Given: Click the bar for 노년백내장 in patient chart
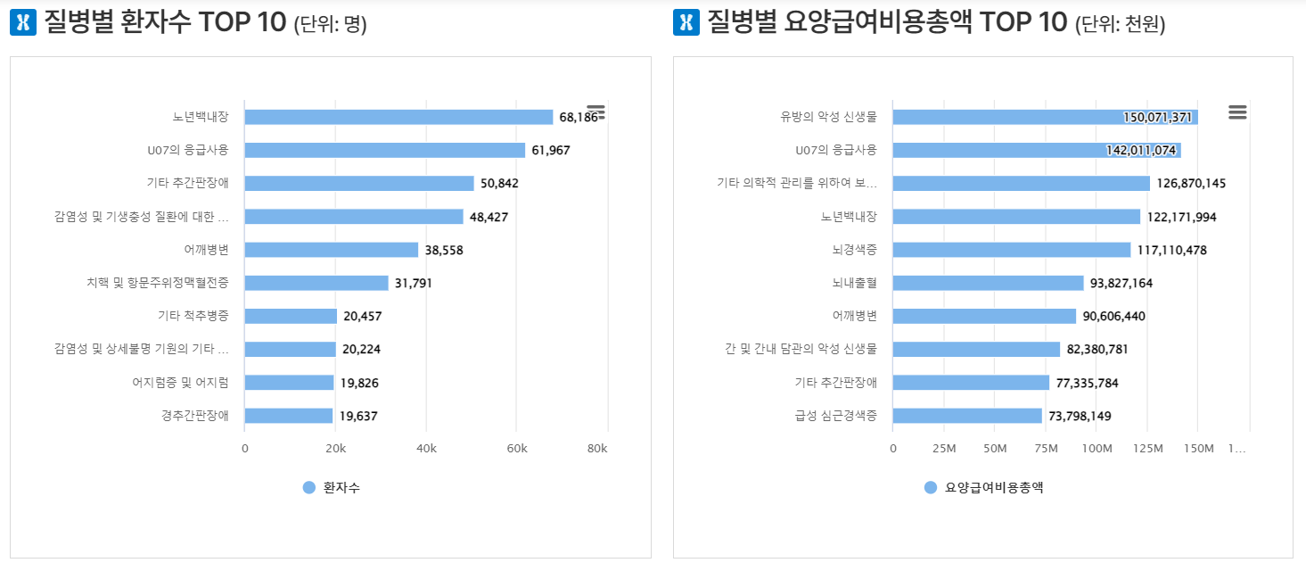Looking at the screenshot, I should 398,117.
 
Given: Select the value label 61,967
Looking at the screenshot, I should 550,150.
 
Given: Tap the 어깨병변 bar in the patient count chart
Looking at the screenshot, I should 331,250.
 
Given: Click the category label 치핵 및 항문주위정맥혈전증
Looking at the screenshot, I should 157,283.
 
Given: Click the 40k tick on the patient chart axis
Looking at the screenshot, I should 426,448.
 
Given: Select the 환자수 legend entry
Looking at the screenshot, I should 332,487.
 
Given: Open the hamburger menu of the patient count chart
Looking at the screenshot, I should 596,112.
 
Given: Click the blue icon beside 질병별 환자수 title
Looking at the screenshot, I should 22,23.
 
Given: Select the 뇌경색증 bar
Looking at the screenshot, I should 1011,250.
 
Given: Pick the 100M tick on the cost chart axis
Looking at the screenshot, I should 1096,448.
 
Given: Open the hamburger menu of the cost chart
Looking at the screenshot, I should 1236,112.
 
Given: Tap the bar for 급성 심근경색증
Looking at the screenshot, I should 967,416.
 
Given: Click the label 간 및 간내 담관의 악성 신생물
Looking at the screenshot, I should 801,349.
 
